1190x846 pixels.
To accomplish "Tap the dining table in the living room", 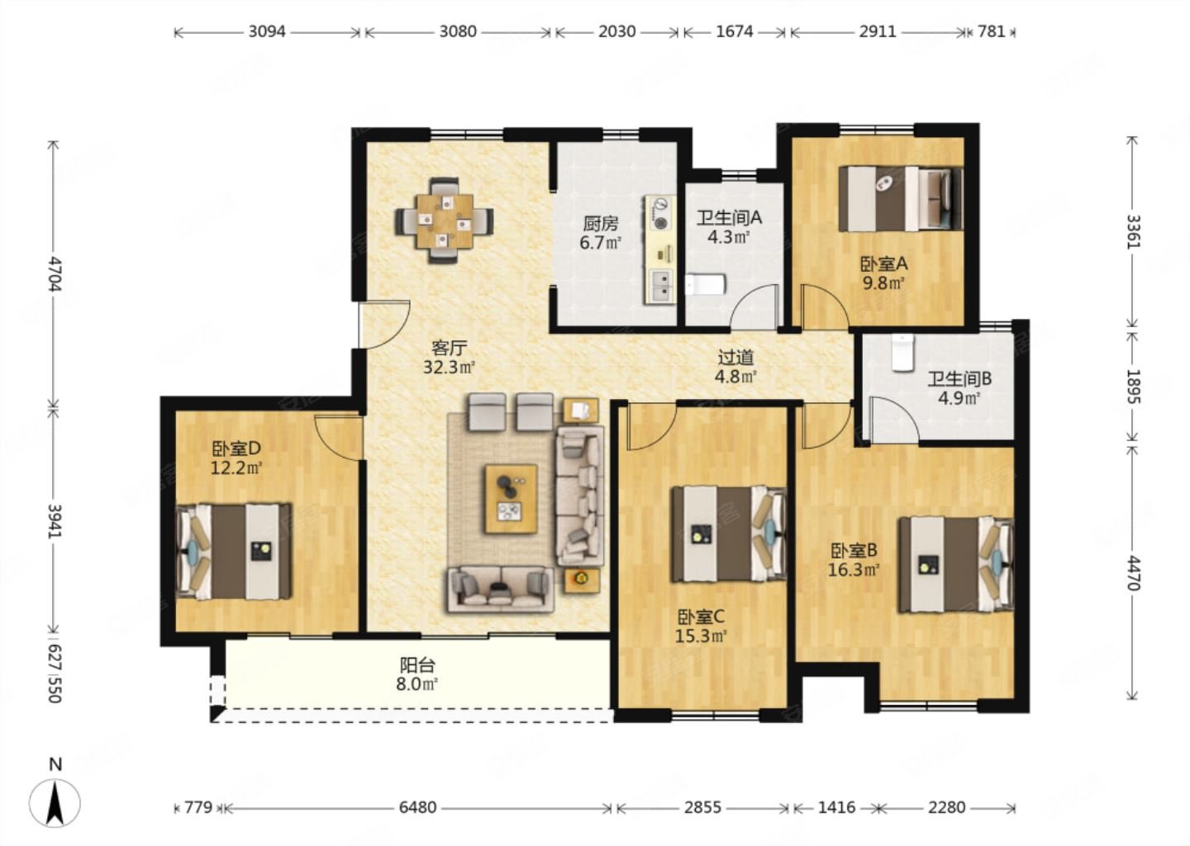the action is tap(445, 221).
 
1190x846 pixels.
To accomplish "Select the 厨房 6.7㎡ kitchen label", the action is tap(600, 233).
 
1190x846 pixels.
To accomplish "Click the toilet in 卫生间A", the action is tap(705, 285).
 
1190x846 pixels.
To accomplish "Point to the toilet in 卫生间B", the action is tap(902, 352).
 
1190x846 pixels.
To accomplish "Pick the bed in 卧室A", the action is tap(901, 199).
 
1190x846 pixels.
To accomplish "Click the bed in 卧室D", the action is tap(234, 551).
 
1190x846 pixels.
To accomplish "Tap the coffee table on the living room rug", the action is tap(511, 499).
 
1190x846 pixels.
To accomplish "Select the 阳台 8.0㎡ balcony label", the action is tap(417, 674).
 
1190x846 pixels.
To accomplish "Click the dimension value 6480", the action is tap(417, 808).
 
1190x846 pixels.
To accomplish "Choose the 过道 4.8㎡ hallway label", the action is tap(735, 367).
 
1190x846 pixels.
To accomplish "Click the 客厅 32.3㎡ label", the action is tap(449, 358).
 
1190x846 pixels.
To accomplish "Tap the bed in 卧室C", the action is tap(729, 534).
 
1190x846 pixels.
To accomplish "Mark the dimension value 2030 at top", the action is tap(616, 32).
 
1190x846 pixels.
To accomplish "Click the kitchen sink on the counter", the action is tap(660, 287).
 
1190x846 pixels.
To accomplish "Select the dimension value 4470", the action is tap(1132, 573).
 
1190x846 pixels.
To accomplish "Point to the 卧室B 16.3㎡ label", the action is tap(854, 560).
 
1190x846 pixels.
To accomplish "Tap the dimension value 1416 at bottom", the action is tap(836, 808).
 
